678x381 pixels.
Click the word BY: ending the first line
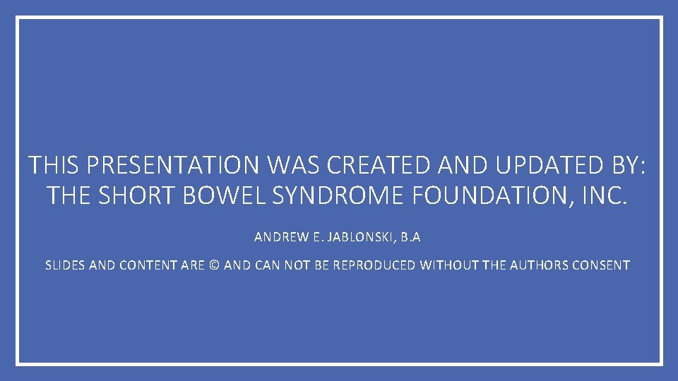click(x=627, y=166)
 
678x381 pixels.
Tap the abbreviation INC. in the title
click(x=605, y=195)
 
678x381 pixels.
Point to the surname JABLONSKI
click(x=360, y=238)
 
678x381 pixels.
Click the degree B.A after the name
click(x=410, y=238)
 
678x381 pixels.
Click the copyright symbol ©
click(x=214, y=266)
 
